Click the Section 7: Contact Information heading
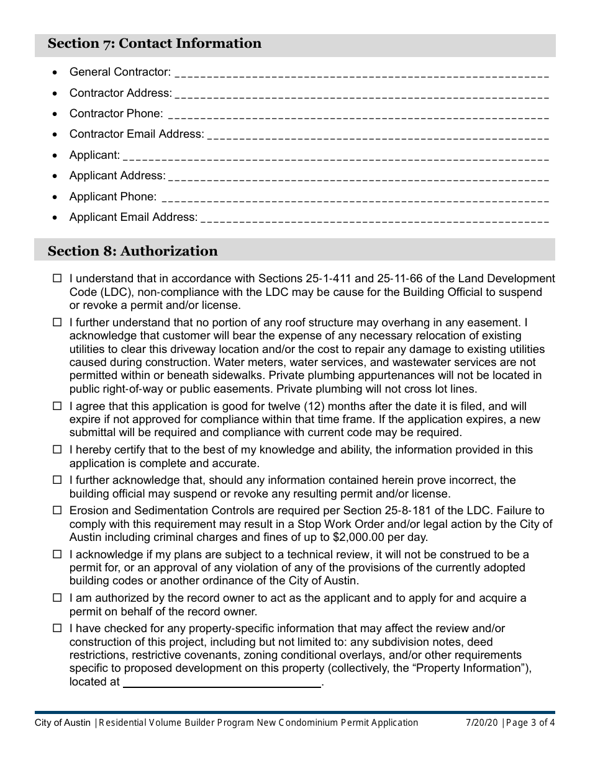155,43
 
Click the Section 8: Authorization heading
133,251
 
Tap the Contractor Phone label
116,114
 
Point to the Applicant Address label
117,176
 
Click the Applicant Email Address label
134,217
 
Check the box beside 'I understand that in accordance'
57,279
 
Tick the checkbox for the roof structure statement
57,323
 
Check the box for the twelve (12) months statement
57,406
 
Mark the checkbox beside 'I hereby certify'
57,450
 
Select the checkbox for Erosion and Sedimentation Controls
57,511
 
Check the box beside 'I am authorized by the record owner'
57,598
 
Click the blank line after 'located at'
222,682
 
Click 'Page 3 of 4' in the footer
529,723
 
